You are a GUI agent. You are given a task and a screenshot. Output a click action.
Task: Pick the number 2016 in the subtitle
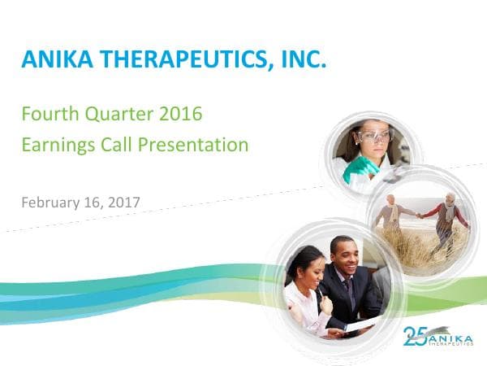180,114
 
